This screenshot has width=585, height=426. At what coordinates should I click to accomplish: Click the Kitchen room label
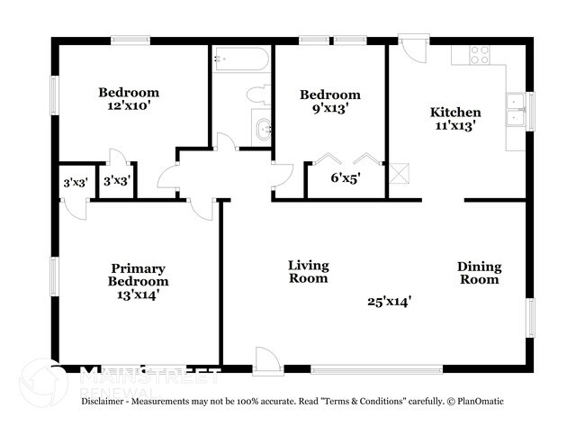click(x=454, y=113)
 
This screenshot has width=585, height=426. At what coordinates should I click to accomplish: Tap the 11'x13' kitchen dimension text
click(x=454, y=126)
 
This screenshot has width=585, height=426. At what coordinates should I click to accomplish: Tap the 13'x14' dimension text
click(x=139, y=295)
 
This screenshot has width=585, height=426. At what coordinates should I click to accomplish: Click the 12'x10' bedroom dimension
click(x=128, y=105)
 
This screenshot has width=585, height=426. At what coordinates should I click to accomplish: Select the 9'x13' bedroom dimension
click(x=329, y=108)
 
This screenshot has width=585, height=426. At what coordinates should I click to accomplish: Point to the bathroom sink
click(x=262, y=129)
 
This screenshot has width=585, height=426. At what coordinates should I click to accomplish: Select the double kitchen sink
click(x=516, y=109)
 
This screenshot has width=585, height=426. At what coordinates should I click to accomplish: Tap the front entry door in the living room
click(x=267, y=360)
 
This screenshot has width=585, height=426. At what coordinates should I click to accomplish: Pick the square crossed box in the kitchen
click(x=400, y=171)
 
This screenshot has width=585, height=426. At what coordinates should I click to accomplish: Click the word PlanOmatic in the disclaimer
click(x=481, y=401)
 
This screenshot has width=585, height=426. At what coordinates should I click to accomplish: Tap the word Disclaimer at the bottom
click(x=108, y=401)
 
